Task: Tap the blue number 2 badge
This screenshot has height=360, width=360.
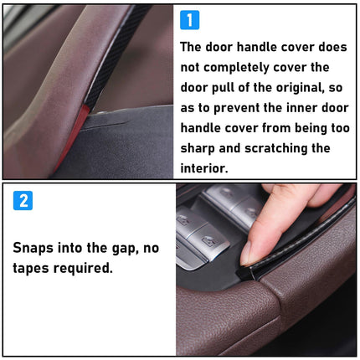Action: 23,201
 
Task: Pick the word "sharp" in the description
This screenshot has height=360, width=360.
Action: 201,148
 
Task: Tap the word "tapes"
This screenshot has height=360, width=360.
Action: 34,269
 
